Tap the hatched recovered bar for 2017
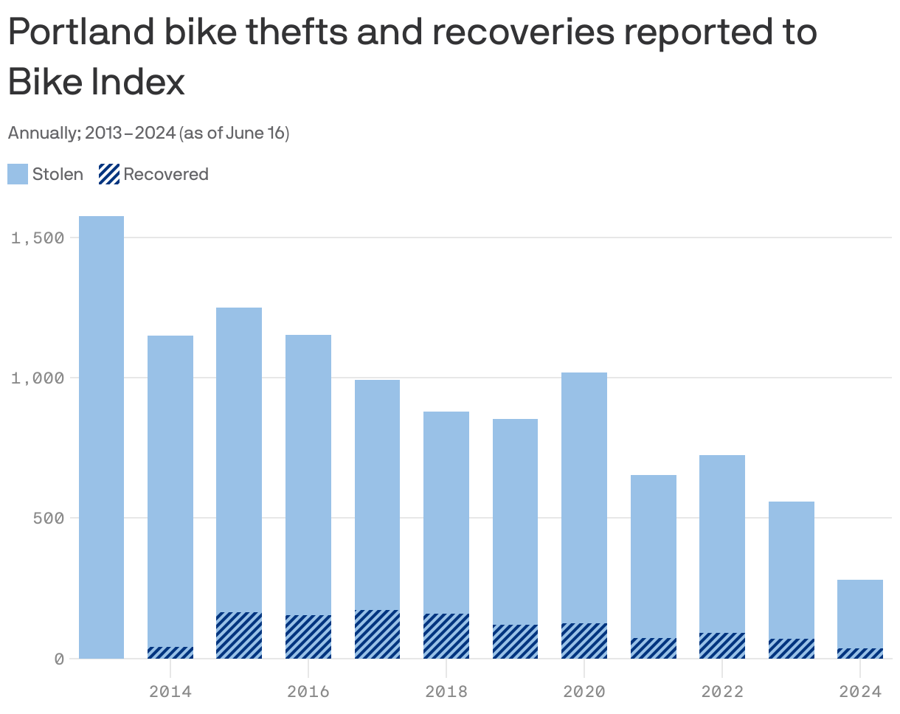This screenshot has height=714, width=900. coord(377,634)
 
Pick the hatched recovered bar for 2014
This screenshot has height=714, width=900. coord(170,653)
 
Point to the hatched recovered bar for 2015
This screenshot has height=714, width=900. coord(239,635)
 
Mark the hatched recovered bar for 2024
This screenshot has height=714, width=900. coord(860,654)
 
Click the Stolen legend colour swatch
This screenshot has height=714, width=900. coord(18,174)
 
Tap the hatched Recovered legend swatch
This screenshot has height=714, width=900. coord(109,174)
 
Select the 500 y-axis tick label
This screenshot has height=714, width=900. coord(49,518)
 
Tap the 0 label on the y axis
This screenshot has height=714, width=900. coord(59,658)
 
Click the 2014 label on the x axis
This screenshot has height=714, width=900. coord(170,691)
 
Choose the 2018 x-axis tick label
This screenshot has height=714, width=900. coord(446,691)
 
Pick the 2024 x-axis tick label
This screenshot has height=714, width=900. coord(860,691)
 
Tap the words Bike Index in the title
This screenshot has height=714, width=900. coord(96,83)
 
